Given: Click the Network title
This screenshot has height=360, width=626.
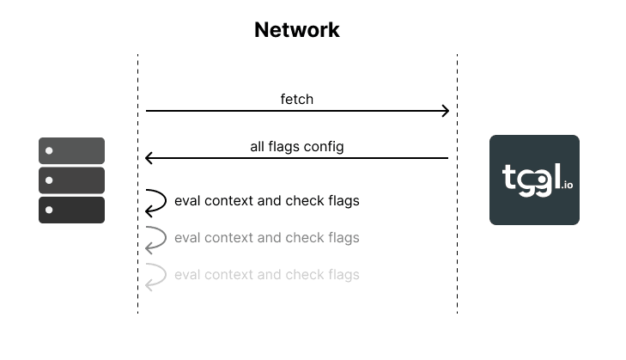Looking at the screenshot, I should (297, 30).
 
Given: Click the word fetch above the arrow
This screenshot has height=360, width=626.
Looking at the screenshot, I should (297, 100).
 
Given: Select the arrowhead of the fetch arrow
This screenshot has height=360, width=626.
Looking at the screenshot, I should (445, 111).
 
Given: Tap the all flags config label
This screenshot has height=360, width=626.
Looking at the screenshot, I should (297, 147).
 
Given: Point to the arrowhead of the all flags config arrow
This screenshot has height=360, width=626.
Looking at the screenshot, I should (149, 158).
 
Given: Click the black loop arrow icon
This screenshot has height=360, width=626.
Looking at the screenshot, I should (155, 201).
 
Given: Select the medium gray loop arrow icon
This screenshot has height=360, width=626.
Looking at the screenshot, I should (155, 238).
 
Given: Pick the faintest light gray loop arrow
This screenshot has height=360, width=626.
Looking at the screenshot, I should (155, 276).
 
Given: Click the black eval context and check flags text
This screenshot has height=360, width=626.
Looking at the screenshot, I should (266, 201).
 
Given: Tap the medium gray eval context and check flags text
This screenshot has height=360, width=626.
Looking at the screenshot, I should (266, 238).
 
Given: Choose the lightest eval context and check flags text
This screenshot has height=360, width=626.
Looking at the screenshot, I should (266, 275).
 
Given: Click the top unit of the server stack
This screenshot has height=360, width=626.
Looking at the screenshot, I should (71, 150).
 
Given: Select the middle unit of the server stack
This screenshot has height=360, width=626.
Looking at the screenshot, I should (71, 180).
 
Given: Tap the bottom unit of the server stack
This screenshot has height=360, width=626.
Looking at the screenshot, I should (71, 210).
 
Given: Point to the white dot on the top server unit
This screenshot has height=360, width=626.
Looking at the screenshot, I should (50, 151).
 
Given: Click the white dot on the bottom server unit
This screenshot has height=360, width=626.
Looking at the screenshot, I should (50, 210).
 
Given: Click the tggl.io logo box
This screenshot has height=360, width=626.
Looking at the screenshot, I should (534, 180).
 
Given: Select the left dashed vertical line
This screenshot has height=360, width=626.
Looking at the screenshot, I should (137, 258).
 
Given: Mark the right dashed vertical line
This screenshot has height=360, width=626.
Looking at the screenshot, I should (457, 258).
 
